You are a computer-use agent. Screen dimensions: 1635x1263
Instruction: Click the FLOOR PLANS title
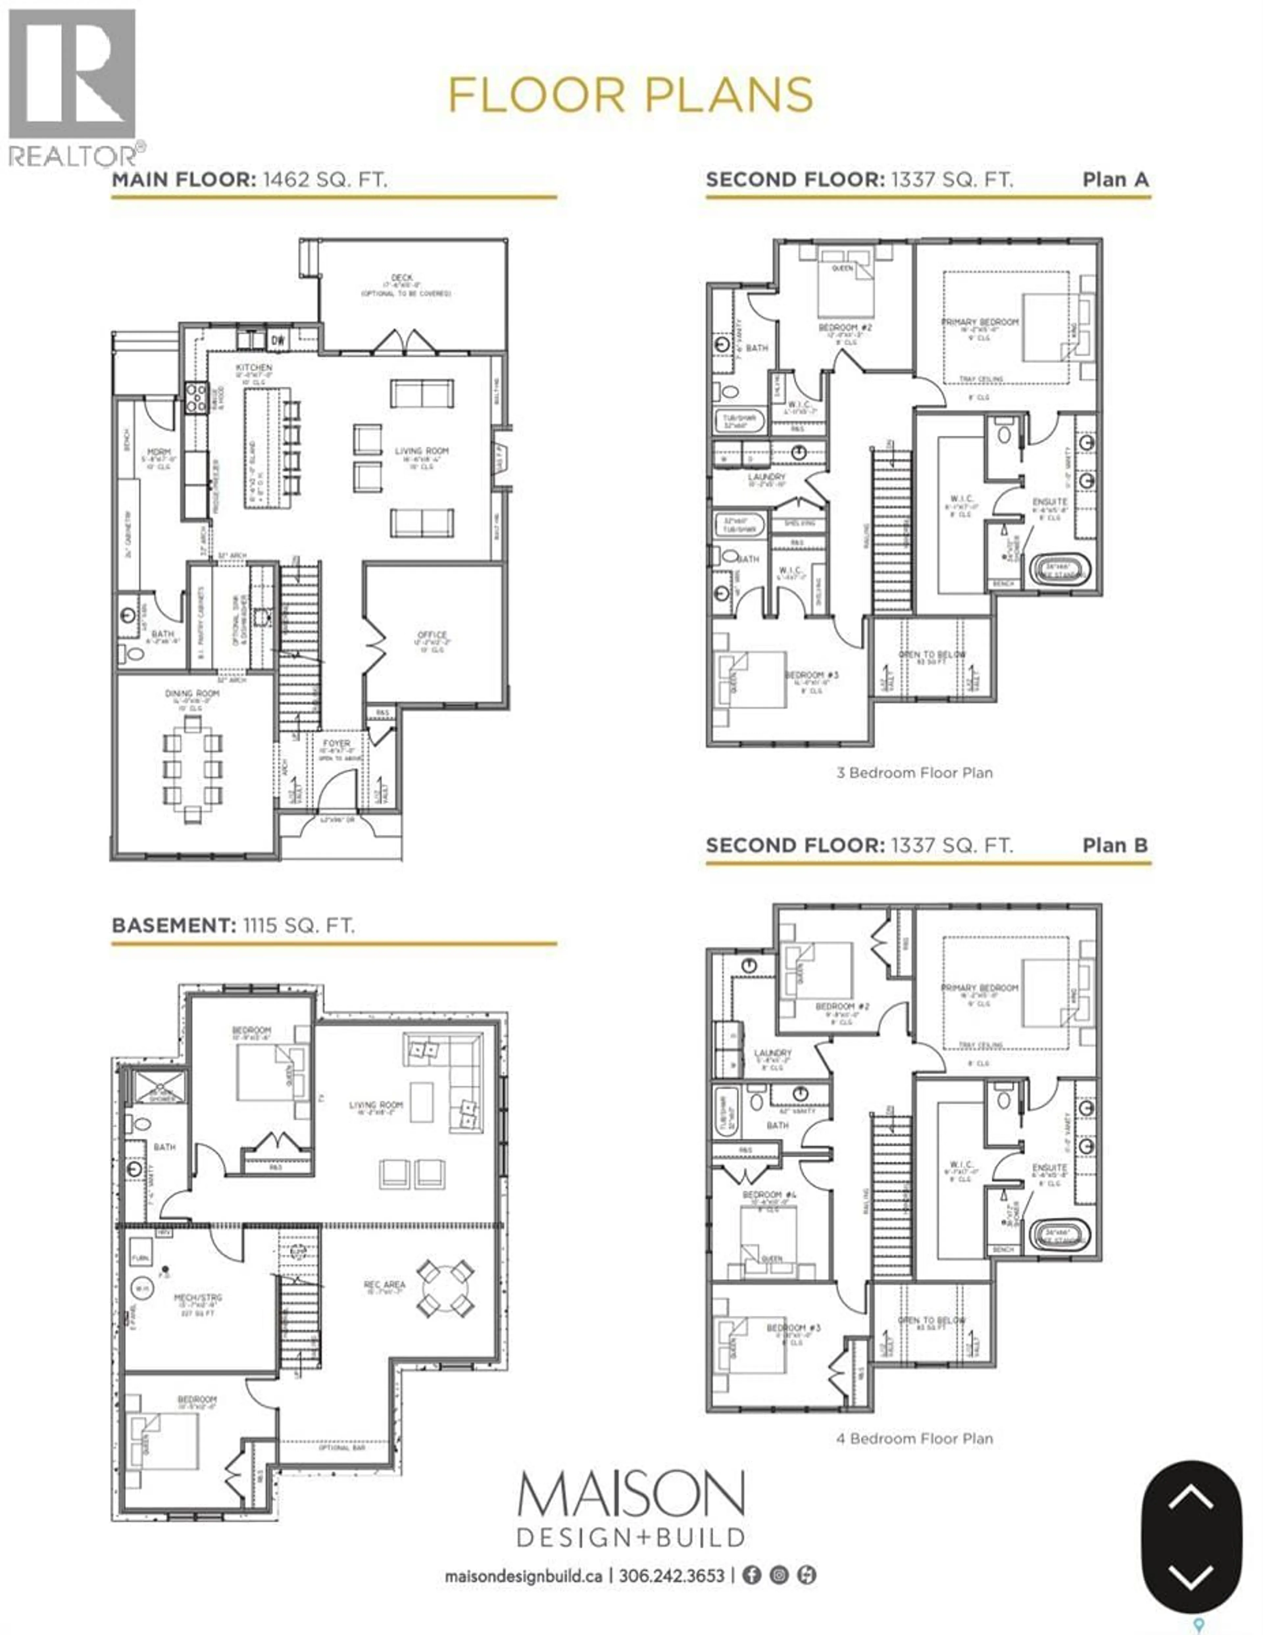pos(631,95)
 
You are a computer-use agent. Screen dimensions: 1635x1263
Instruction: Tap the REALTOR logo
pos(73,86)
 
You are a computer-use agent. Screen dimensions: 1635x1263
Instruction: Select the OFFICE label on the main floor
pos(432,635)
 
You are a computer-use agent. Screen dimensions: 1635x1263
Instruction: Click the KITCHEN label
pos(254,368)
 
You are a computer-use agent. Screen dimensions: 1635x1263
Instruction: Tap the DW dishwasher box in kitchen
pos(278,340)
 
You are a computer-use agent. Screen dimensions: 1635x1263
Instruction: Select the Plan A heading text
pos(1115,180)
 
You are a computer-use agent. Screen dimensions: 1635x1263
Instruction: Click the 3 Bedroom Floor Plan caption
pos(914,773)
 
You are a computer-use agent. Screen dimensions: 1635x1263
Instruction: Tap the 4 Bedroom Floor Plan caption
pos(914,1438)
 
